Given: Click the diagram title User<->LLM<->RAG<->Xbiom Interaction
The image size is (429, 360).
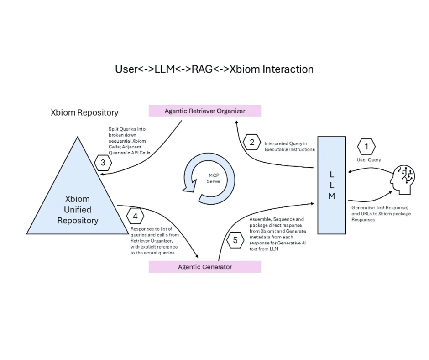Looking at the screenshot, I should coord(214,69).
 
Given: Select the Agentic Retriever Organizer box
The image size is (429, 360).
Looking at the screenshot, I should coord(204,111).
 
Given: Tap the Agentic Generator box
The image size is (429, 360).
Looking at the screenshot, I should coord(204,267).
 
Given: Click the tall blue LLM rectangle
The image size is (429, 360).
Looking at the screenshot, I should coord(331,185).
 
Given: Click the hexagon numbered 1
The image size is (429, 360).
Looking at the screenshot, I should coord(366,147).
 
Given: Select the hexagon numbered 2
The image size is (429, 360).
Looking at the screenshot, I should coord(251,142).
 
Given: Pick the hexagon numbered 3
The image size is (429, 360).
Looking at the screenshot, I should coord(103,162).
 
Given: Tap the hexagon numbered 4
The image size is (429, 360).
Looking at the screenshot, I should coord(135,216).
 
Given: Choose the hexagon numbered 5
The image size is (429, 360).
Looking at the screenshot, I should coord(235,240).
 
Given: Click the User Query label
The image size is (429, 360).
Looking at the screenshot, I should coord(368,160).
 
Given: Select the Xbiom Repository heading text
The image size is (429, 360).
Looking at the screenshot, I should coord(84,112).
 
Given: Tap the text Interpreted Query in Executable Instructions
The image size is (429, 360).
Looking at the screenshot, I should coord(289,147).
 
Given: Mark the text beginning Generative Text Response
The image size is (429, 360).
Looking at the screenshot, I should coord(381,213).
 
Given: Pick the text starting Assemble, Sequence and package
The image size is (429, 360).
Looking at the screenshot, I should coord(277,234).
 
